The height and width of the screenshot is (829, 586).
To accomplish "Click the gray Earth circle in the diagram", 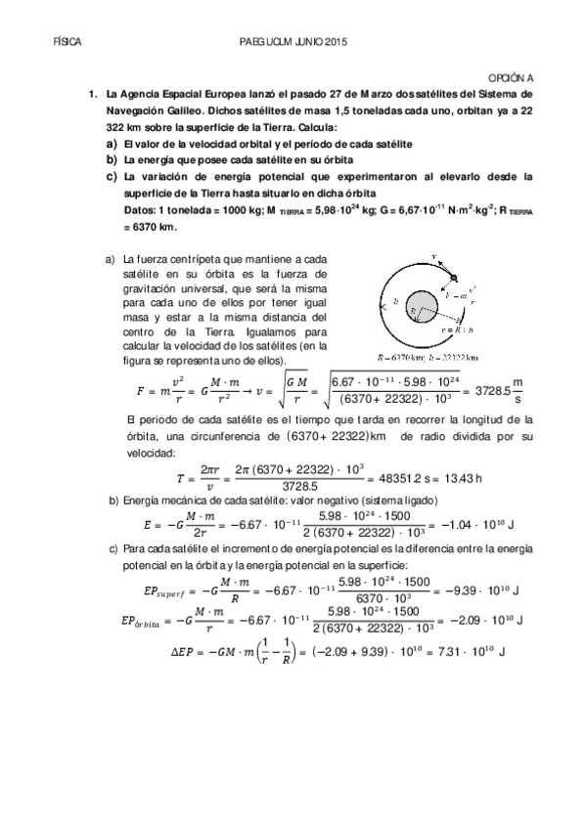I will click(x=422, y=313).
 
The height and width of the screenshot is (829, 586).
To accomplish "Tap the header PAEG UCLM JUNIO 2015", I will click(x=293, y=43).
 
